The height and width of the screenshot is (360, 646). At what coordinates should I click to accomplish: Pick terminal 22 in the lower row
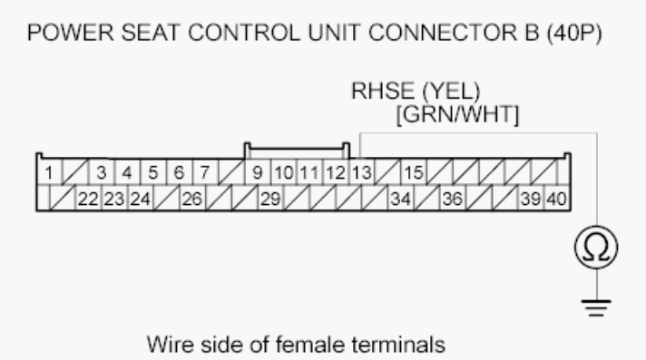87,198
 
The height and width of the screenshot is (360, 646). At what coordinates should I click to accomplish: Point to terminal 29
269,198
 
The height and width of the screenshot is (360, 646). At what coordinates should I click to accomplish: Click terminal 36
451,198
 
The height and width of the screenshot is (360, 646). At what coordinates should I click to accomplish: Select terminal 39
530,198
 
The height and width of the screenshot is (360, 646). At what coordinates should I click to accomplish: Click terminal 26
191,198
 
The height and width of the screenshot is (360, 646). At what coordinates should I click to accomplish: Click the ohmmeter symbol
596,246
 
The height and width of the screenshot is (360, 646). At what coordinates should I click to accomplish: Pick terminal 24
139,198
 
